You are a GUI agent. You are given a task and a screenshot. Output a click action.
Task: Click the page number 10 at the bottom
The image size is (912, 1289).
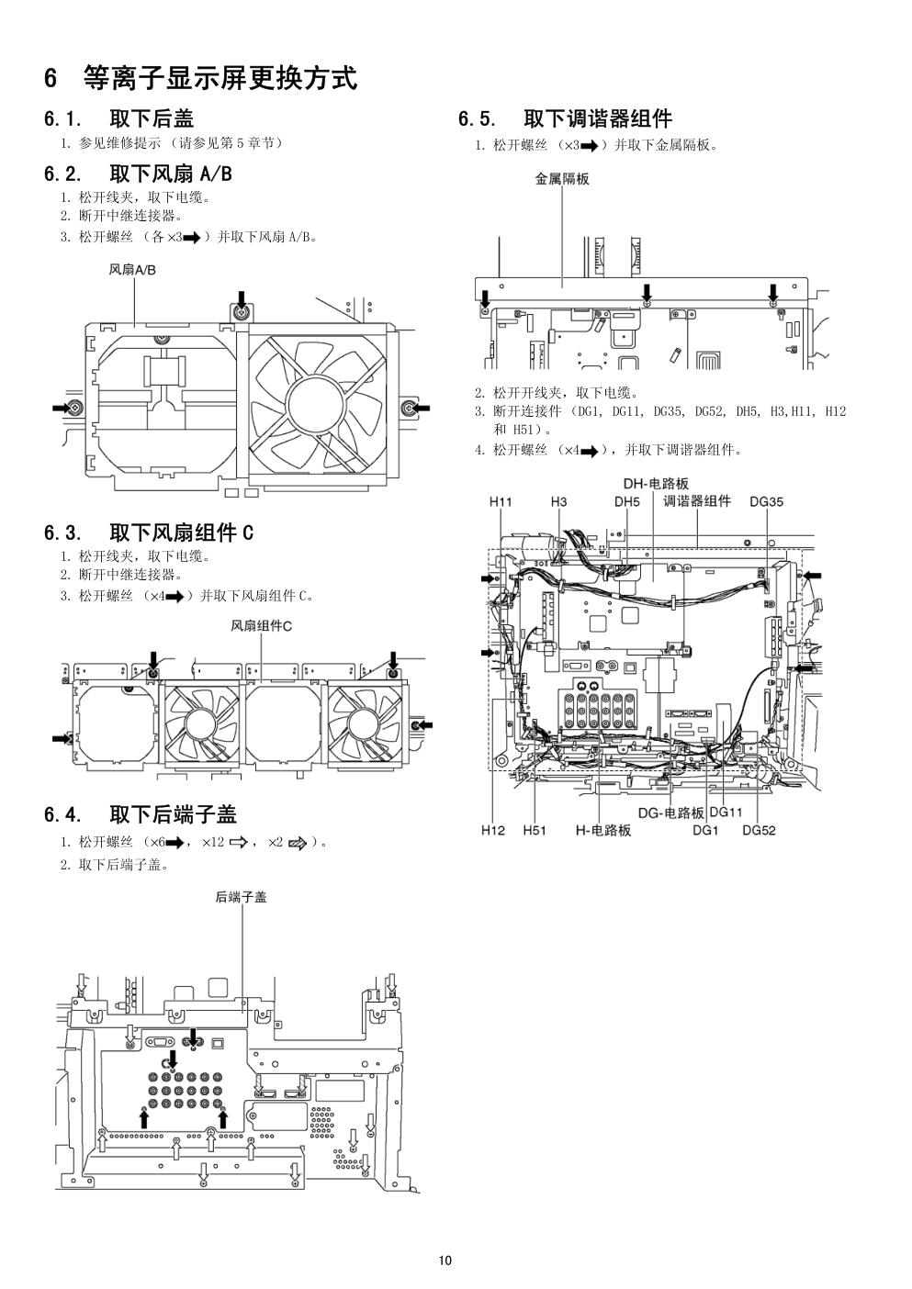[445, 1260]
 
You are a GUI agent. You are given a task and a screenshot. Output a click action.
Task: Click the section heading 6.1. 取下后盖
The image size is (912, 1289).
[118, 118]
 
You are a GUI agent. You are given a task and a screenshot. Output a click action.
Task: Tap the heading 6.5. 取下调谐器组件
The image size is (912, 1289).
[565, 118]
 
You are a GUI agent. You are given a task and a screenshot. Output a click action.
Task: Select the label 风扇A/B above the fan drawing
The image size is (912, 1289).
[132, 270]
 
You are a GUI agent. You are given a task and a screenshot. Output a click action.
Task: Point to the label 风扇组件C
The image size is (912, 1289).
[261, 626]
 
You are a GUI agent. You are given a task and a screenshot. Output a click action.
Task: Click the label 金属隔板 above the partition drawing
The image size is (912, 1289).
[562, 179]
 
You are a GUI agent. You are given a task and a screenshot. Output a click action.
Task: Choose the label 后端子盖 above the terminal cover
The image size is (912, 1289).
[242, 897]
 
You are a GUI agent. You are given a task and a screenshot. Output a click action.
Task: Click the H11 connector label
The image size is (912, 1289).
[501, 501]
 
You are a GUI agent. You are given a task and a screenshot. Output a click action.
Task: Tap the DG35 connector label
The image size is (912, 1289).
[766, 501]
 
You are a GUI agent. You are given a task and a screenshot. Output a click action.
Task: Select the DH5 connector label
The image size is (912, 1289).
[626, 501]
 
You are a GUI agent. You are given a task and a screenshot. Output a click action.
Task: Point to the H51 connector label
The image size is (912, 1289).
[535, 831]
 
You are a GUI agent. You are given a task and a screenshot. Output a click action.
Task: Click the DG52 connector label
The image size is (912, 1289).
[759, 831]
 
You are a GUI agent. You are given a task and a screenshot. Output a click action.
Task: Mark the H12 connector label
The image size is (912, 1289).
[493, 831]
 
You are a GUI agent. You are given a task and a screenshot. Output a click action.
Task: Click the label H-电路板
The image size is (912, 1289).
[603, 831]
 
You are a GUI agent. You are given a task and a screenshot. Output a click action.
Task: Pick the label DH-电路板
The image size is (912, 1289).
[656, 484]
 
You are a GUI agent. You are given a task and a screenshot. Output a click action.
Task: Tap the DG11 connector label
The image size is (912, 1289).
[726, 812]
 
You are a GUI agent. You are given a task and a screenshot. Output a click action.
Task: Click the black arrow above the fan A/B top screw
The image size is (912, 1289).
[242, 297]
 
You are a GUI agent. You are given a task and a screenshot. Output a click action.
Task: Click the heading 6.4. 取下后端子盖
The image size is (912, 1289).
[140, 814]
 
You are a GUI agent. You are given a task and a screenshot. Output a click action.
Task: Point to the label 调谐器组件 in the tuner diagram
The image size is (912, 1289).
[697, 501]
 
